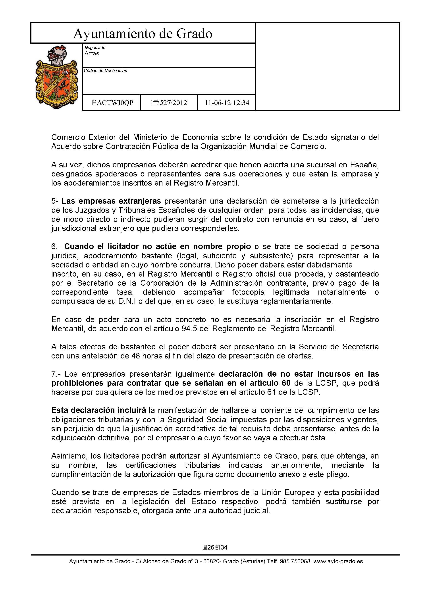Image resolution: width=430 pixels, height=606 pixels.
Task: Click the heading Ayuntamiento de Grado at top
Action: (x=143, y=34)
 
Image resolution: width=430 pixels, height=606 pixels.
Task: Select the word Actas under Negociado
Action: (x=92, y=54)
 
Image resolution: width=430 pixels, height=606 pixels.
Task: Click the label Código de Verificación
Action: (x=105, y=71)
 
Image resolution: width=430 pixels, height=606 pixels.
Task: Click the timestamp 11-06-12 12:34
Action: (x=227, y=103)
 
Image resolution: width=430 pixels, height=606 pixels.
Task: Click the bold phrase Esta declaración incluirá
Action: (x=98, y=410)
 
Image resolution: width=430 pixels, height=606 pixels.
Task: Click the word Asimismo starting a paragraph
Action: (x=69, y=456)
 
